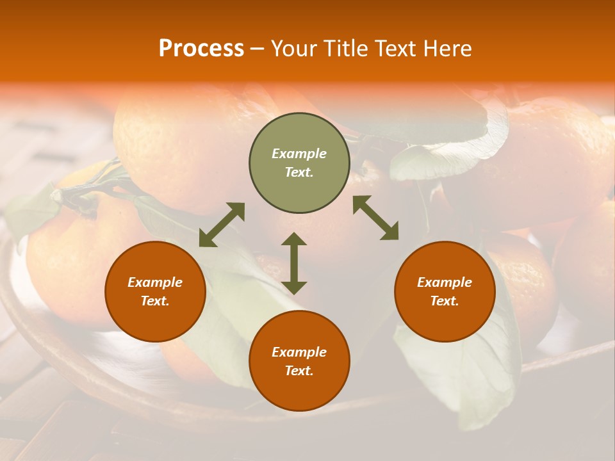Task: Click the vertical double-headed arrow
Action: click(x=294, y=263)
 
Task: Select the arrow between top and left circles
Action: click(x=222, y=225)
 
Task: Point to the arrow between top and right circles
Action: click(x=375, y=218)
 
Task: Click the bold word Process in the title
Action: click(x=201, y=49)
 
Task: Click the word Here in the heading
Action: click(x=447, y=49)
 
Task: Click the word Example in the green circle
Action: click(x=299, y=154)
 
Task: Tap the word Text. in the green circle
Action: click(x=299, y=172)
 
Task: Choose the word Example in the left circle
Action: click(x=155, y=282)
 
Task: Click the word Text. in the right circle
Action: click(x=445, y=301)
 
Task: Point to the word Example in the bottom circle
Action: click(x=299, y=352)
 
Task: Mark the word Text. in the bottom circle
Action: click(x=299, y=371)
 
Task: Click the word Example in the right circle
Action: click(x=445, y=282)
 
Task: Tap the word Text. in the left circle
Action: click(x=155, y=301)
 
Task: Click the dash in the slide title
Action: click(x=258, y=49)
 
